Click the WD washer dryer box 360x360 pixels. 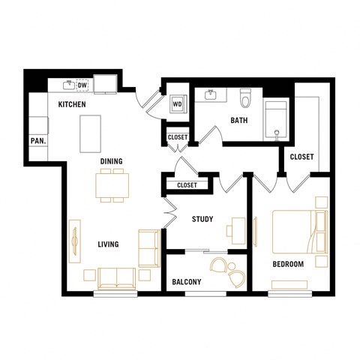point(178,103)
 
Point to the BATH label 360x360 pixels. point(238,120)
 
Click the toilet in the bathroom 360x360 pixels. point(244,98)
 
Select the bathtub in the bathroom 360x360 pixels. point(277,120)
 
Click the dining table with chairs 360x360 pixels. point(112,185)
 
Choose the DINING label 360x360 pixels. point(112,160)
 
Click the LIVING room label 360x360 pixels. point(108,244)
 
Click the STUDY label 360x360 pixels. point(202,220)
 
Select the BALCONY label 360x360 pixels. point(187,282)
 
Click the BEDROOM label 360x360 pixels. point(287,264)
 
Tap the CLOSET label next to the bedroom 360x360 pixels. point(301,157)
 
